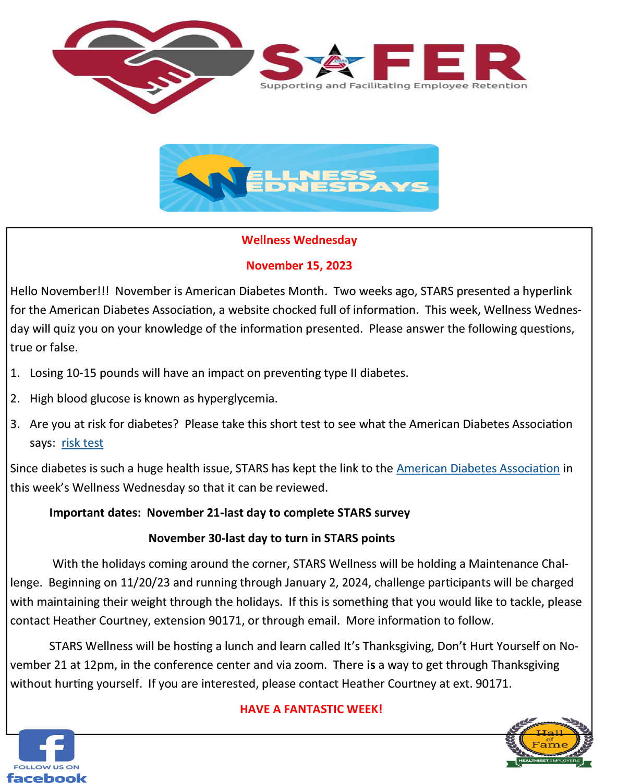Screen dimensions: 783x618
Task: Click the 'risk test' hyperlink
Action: [x=82, y=443]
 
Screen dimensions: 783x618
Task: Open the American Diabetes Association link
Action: [x=478, y=469]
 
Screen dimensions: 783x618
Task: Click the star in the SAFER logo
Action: [x=334, y=62]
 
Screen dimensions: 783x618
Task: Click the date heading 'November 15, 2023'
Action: [x=299, y=266]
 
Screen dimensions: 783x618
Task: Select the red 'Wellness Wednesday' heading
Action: [x=299, y=240]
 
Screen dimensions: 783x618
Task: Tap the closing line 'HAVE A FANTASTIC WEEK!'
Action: [x=311, y=709]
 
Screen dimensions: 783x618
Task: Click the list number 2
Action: [x=15, y=399]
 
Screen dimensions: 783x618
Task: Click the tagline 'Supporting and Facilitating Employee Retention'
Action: [x=393, y=86]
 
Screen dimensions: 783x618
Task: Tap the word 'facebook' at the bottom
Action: [x=46, y=778]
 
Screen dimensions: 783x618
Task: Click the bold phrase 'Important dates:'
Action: [x=95, y=513]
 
